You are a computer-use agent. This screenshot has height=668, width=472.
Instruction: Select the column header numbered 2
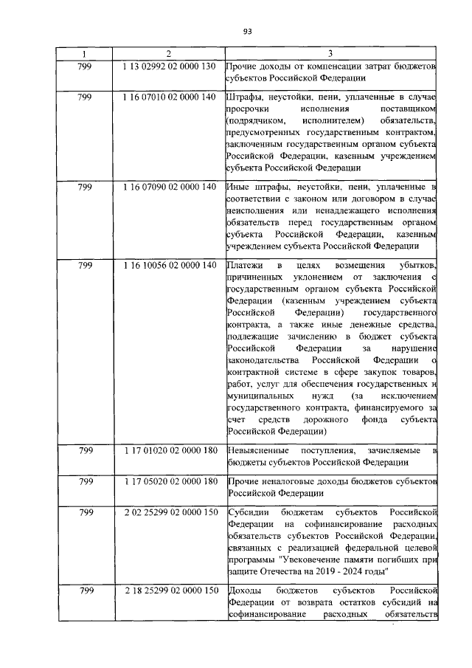(x=169, y=54)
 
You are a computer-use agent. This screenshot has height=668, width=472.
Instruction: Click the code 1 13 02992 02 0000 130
(x=169, y=67)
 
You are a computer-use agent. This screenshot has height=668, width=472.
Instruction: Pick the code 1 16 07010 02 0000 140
(x=169, y=97)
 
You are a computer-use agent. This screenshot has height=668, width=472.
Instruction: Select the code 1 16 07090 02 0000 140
(x=169, y=187)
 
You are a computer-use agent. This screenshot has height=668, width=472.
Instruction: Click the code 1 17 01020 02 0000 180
(x=169, y=450)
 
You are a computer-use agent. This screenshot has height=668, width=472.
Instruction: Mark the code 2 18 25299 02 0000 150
(x=169, y=590)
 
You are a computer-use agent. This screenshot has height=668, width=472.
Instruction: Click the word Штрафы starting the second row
(x=246, y=97)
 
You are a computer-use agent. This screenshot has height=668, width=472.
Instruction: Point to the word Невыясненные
(x=259, y=451)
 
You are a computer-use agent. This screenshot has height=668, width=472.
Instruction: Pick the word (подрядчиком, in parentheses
(x=255, y=120)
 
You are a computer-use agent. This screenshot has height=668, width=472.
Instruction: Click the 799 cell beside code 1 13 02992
(x=85, y=67)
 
